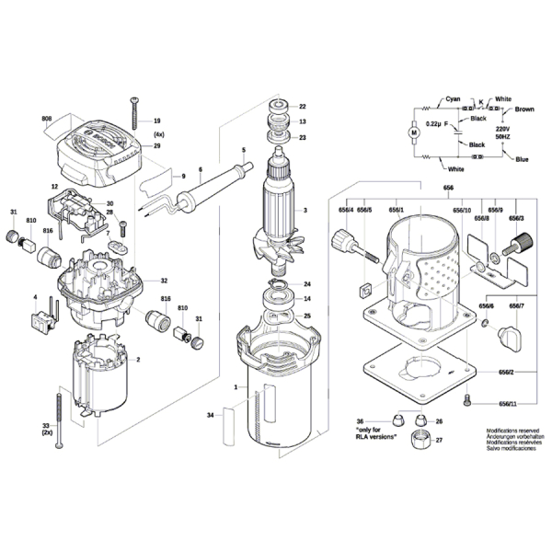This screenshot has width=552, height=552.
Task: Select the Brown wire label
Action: coord(524,109)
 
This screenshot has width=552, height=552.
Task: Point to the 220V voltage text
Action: coord(502,130)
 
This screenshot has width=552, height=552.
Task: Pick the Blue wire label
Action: coord(522,160)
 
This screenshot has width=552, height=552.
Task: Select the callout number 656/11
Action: coord(508,404)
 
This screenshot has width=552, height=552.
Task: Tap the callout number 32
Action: coord(164,281)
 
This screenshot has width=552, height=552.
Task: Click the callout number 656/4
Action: coord(346,211)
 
